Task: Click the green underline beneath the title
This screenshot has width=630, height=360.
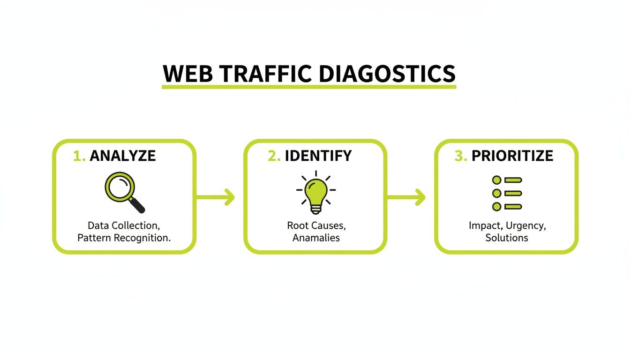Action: [x=309, y=87]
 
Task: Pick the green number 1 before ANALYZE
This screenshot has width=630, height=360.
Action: [x=78, y=156]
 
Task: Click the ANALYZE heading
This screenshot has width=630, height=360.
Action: [x=123, y=156]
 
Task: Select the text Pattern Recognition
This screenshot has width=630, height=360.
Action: [x=124, y=238]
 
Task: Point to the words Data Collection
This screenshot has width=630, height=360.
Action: [x=124, y=225]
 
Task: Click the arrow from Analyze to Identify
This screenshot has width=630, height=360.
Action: [x=215, y=197]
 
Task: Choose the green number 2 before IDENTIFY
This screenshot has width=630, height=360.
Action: [x=273, y=156]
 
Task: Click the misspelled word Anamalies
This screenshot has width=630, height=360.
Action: [x=316, y=238]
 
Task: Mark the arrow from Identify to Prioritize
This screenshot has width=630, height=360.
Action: [x=406, y=197]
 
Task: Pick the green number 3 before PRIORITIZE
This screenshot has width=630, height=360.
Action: [x=460, y=156]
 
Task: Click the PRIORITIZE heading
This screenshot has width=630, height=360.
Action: [x=512, y=156]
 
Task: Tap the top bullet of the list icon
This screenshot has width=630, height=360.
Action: [x=497, y=180]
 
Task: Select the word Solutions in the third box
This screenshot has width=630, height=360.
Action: [x=507, y=238]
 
